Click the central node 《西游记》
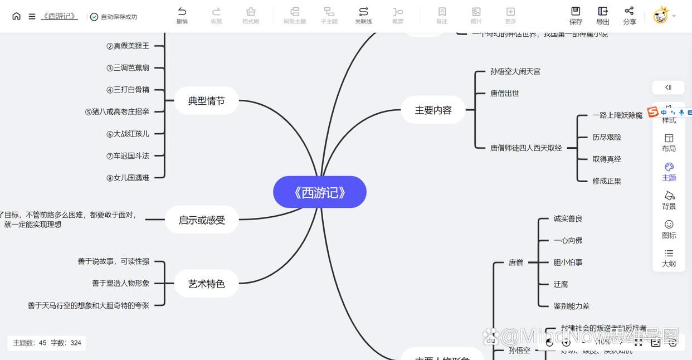coord(320,192)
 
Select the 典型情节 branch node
coord(206,101)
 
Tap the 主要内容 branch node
coord(433,110)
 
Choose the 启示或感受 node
coord(202,220)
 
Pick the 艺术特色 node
coord(206,284)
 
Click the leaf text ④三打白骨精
coord(128,90)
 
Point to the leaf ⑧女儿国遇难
coord(128,178)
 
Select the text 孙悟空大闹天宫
coord(515,71)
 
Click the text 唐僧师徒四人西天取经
coord(525,148)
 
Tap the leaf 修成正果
coord(606,181)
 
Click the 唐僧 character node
coord(515,262)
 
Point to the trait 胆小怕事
coord(568,262)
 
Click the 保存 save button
coord(576,15)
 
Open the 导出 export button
coord(602,15)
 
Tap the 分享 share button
coord(629,15)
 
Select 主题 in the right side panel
coord(669,172)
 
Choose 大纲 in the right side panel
coord(669,257)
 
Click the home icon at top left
coord(16,16)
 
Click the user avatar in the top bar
coord(660,16)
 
